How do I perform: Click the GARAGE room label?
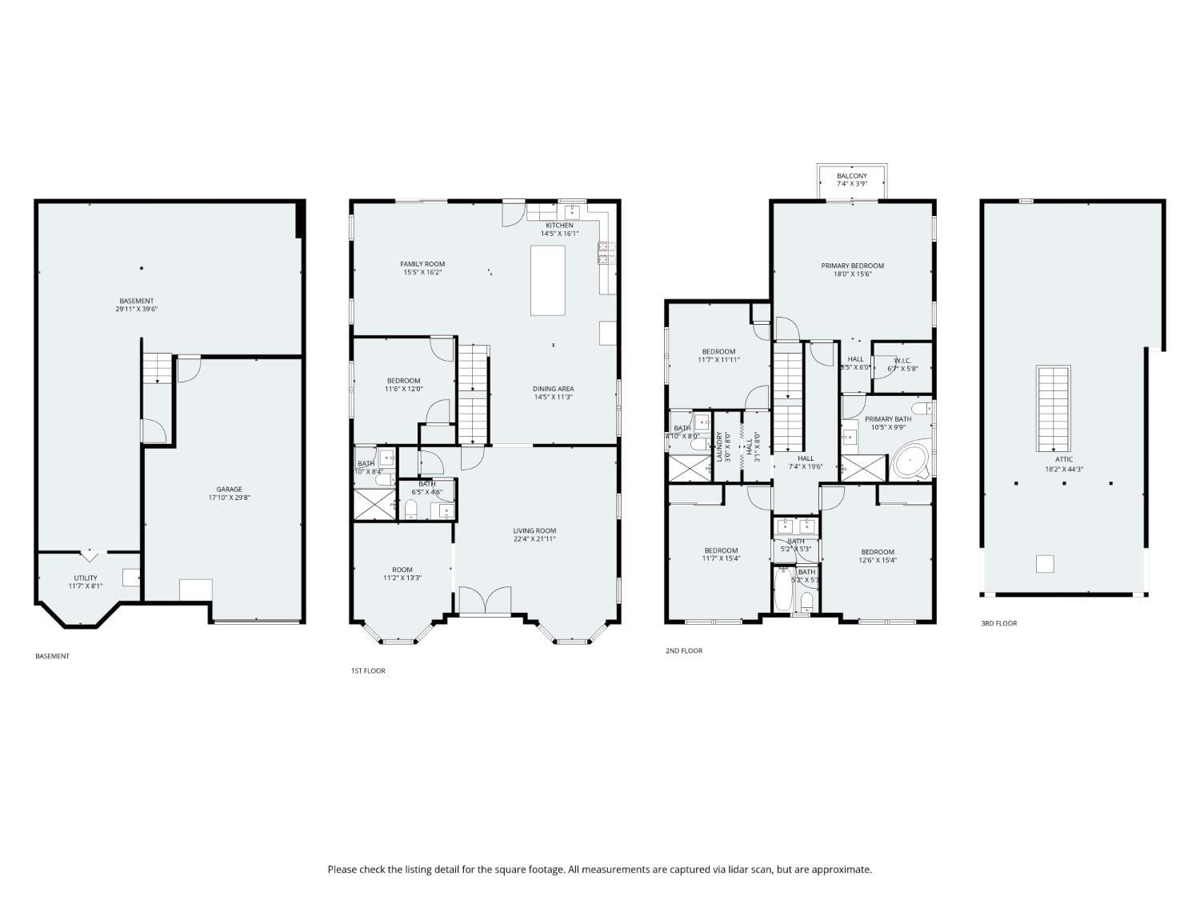[x=229, y=490]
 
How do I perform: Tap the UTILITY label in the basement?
[x=86, y=578]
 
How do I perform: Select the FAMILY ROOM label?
[x=422, y=264]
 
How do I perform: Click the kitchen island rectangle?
[x=548, y=280]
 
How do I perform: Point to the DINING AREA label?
[x=553, y=389]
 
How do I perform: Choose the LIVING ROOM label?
[x=534, y=530]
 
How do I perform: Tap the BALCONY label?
[x=851, y=176]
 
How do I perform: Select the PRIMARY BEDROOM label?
[x=852, y=266]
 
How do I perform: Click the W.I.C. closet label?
[x=902, y=361]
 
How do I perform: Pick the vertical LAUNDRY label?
[x=719, y=446]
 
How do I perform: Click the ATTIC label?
[x=1064, y=459]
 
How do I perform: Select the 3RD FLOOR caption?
[x=999, y=623]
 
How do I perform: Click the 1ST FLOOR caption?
[x=368, y=670]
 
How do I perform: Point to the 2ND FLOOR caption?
[x=684, y=650]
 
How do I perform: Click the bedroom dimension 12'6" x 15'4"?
[x=878, y=560]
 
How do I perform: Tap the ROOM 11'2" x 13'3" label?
[x=402, y=570]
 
